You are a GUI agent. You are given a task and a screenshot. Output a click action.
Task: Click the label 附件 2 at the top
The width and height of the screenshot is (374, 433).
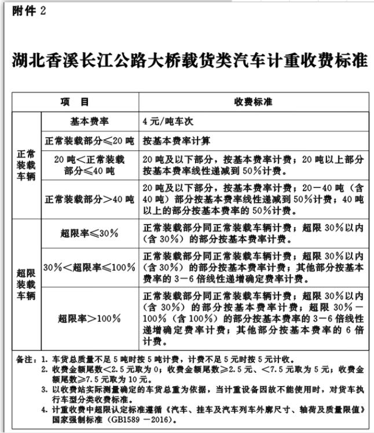click(x=28, y=12)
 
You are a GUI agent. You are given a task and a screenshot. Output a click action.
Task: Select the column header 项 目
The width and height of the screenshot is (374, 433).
click(x=75, y=102)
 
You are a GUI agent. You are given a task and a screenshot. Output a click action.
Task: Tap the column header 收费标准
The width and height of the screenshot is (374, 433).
click(x=253, y=102)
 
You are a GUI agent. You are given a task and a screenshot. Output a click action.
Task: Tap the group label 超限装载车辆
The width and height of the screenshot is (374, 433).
click(x=26, y=283)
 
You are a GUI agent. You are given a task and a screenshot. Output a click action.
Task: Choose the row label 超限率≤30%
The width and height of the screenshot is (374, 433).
click(x=89, y=233)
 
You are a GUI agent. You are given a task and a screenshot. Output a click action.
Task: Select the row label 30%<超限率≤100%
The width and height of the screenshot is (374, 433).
click(x=89, y=267)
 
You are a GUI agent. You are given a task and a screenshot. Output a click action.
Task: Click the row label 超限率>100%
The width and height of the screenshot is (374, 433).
click(x=89, y=318)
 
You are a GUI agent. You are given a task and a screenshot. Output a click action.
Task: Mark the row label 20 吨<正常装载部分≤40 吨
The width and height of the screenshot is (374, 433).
click(x=89, y=165)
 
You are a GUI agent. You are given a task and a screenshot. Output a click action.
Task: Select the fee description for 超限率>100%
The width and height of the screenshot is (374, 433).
click(x=253, y=318)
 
